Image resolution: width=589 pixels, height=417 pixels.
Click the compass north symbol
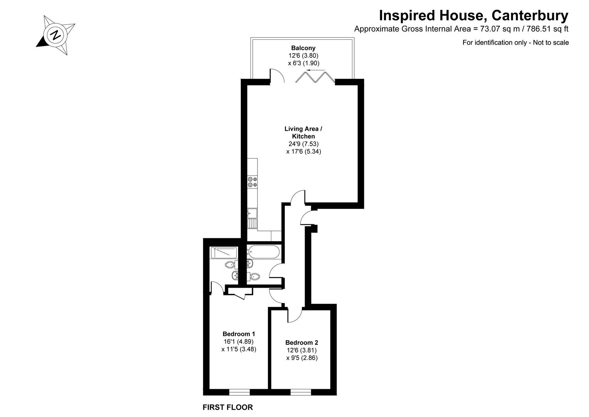click(56, 35)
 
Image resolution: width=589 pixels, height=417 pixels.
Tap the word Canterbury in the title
click(530, 15)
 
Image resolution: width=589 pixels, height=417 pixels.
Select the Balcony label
click(303, 48)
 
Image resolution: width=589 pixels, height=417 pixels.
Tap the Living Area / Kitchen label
click(303, 132)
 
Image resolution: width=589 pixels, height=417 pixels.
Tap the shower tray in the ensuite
click(223, 253)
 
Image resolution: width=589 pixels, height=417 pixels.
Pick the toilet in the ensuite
click(232, 264)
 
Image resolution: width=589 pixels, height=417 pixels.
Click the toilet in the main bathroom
click(253, 276)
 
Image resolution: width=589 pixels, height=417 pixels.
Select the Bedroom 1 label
click(239, 334)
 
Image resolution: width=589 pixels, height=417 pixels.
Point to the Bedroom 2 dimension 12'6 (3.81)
click(301, 350)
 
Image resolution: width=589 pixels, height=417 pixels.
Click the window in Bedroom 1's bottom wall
click(239, 392)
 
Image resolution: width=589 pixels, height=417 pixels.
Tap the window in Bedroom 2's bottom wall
click(301, 392)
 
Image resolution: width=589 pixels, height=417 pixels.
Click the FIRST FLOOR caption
click(228, 407)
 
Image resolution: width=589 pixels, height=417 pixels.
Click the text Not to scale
click(551, 42)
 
